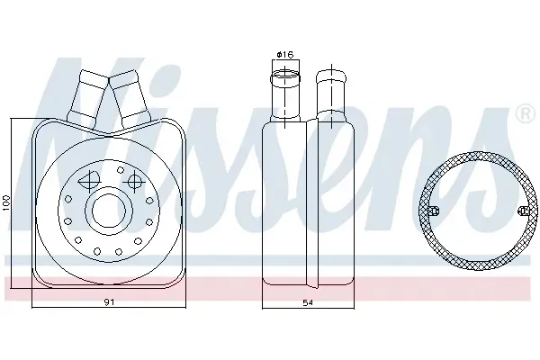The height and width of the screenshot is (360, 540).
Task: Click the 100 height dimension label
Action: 6,202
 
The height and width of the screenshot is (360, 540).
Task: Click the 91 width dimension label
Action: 109,302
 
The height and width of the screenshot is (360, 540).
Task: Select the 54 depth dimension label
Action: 308,302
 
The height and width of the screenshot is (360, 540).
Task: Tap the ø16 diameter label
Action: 285,54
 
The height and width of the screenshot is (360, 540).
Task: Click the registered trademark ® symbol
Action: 525,114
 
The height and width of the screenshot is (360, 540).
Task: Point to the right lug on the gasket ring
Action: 523,211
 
